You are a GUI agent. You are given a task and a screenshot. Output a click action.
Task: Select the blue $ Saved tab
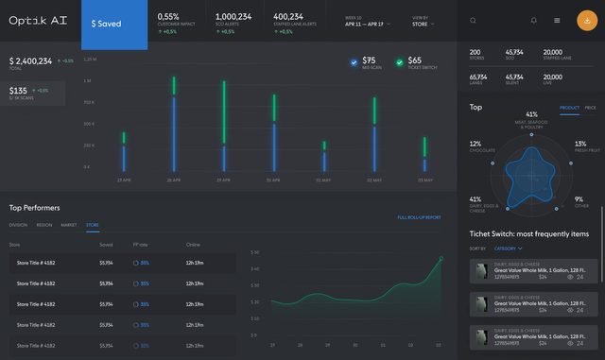coord(113,24)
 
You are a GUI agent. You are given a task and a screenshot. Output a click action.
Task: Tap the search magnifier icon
coord(473,21)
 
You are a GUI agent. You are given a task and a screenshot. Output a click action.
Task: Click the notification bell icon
coord(534,21)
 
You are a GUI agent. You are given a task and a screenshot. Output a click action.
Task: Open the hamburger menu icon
coord(557,21)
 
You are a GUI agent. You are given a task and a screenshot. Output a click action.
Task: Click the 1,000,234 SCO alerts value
coord(233,16)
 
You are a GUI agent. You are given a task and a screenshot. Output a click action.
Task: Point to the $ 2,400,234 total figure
coord(31,61)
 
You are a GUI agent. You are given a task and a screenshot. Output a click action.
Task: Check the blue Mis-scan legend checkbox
coord(354,62)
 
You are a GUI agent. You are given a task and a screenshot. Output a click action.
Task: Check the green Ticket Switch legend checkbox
coord(400,62)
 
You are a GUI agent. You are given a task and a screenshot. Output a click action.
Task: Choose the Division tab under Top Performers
coord(18,226)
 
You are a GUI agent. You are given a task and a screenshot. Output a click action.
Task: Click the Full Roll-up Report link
coord(419,217)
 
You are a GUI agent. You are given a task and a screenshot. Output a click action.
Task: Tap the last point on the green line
coord(440,258)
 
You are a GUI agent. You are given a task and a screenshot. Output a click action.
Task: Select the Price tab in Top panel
coord(590,108)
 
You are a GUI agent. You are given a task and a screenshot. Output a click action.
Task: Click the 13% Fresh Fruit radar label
coord(579,146)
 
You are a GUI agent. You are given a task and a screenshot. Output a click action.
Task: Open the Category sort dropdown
coord(508,249)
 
